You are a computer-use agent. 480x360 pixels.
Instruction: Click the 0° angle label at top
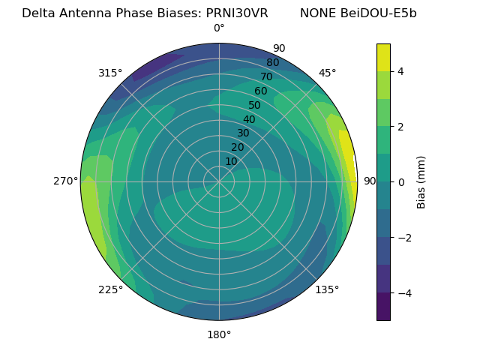click(219, 28)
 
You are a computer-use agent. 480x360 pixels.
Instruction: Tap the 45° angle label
click(327, 73)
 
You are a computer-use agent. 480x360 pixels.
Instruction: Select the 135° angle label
click(327, 289)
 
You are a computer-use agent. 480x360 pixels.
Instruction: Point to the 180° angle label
click(219, 334)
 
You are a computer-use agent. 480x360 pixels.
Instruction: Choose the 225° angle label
click(110, 289)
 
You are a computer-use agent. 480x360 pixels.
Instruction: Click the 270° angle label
click(66, 181)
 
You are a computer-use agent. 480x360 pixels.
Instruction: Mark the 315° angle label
click(110, 73)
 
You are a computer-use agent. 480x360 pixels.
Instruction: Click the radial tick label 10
click(231, 161)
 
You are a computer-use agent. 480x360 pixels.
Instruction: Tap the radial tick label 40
click(249, 119)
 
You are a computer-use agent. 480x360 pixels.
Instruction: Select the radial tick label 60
click(260, 91)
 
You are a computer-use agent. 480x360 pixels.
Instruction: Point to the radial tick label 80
click(272, 63)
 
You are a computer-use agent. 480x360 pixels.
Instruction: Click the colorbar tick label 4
click(401, 71)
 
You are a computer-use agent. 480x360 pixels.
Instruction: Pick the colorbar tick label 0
click(401, 182)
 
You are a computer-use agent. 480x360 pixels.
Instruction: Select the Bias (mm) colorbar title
click(421, 181)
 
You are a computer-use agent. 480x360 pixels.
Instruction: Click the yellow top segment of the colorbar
click(383, 57)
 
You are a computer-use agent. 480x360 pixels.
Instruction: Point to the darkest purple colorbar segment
click(383, 307)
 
